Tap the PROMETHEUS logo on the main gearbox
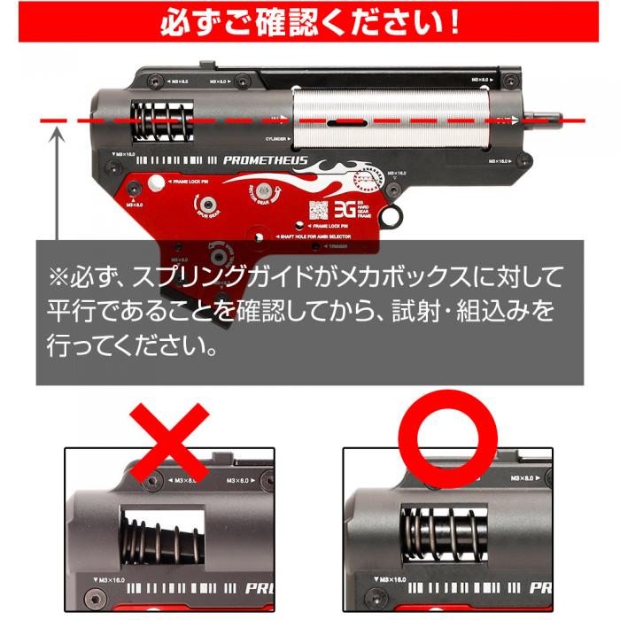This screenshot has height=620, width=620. (x=265, y=161)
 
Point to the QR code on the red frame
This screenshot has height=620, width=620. (x=318, y=212)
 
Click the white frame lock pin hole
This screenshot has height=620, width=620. (x=157, y=183)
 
